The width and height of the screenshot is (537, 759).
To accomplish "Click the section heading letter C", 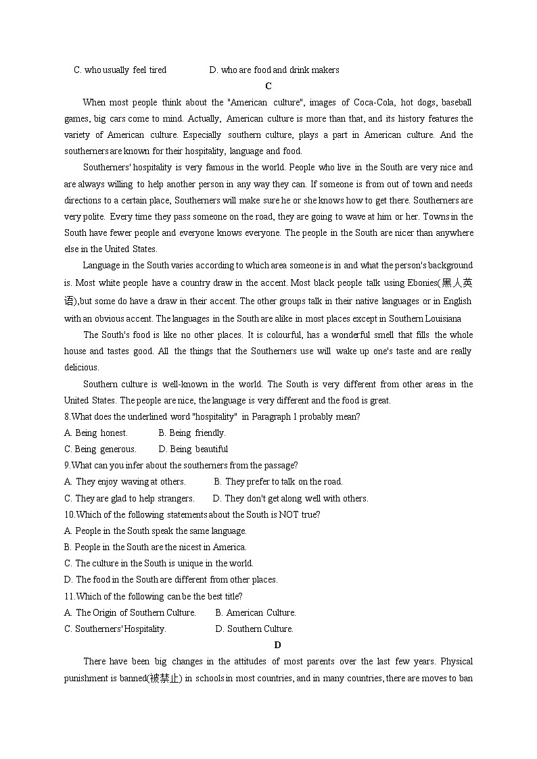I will tap(268, 86).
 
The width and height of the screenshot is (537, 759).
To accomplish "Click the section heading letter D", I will tap(277, 645).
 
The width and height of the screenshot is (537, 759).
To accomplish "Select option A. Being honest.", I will tap(96, 433).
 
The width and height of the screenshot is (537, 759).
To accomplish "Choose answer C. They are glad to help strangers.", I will tap(129, 498).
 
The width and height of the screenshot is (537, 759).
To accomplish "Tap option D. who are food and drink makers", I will tap(275, 70).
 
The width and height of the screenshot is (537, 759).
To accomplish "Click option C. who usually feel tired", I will tap(120, 70).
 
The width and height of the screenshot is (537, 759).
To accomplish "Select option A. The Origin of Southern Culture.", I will tap(130, 612).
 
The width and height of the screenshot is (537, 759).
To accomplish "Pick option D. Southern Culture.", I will tap(254, 629).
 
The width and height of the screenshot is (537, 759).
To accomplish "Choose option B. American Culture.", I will tap(256, 612).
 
